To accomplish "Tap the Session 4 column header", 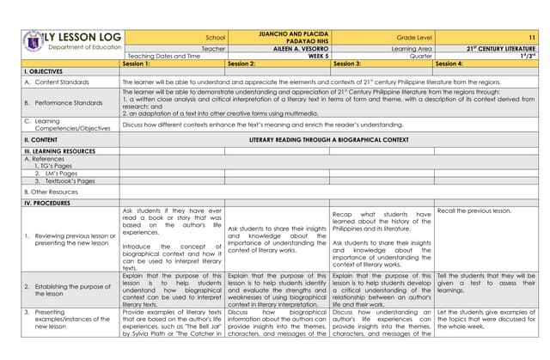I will pyautogui.click(x=449, y=64).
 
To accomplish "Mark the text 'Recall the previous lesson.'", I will pyautogui.click(x=474, y=211).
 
